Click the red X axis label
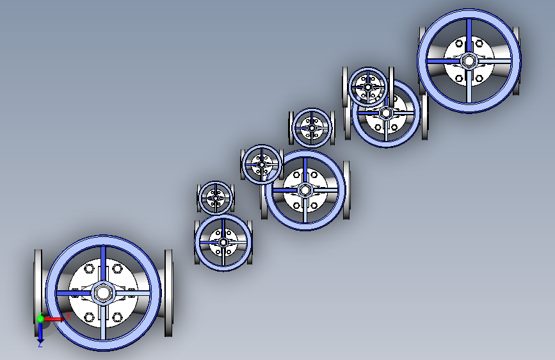68,316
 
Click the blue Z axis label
40,344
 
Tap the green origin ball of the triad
40,319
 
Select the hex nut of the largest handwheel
102,293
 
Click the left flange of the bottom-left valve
38,293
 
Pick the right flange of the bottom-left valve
168,293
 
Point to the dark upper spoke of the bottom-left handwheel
103,264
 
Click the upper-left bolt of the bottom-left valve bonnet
88,269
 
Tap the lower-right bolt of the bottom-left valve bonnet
117,316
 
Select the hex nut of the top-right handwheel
469,61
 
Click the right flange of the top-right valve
517,61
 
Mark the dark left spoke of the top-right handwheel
444,61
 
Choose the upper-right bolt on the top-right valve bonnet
479,44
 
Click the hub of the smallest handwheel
216,199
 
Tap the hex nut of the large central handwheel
305,190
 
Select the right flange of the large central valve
346,190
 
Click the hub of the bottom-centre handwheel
223,242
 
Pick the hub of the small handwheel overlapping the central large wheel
262,165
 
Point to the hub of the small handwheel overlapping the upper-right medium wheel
368,87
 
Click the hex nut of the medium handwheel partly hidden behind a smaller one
385,113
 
